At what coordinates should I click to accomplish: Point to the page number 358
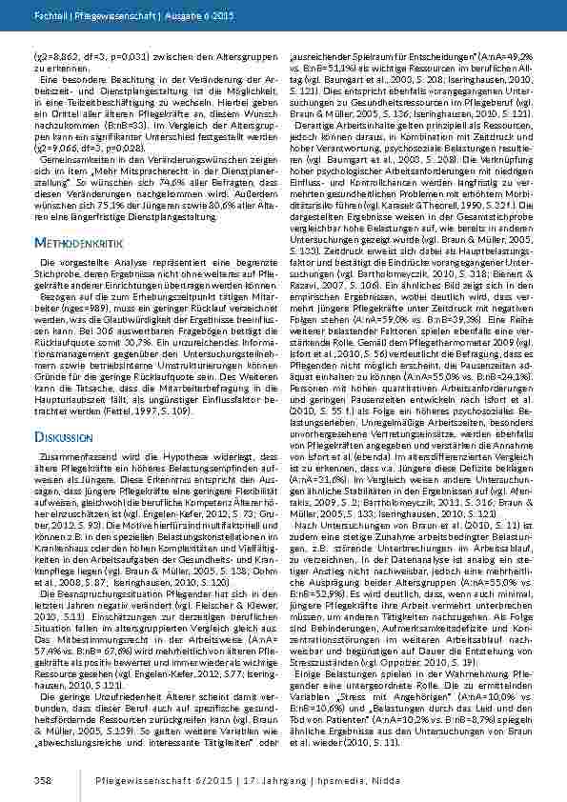(x=43, y=779)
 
